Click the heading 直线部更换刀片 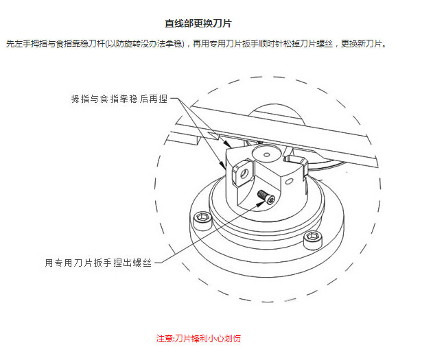coord(198,23)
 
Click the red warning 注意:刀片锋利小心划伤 coord(198,338)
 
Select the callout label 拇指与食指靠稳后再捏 coord(119,99)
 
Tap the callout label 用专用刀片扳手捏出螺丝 coord(98,263)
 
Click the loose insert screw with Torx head coord(266,197)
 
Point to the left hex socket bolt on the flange coord(202,220)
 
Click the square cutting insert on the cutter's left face coord(243,173)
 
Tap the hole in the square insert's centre coord(245,173)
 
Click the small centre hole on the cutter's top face coord(266,154)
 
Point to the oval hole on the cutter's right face coord(290,181)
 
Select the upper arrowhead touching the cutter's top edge coord(227,144)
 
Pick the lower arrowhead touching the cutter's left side coord(222,165)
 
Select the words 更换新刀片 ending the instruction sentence coord(361,44)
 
